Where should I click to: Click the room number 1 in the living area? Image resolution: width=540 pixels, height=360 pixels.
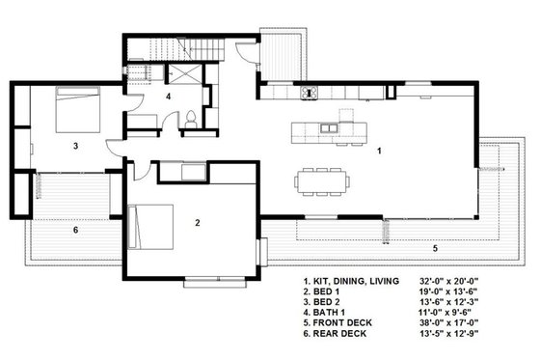pos(380,152)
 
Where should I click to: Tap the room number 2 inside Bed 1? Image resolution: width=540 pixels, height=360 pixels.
pos(197,224)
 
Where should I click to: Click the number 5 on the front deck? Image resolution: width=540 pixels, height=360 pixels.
pos(435,248)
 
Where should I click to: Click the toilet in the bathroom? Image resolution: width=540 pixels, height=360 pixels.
pos(192,119)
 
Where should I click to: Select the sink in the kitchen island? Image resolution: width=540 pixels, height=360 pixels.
pos(332,127)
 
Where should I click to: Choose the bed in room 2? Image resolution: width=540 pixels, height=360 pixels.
pos(146,228)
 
